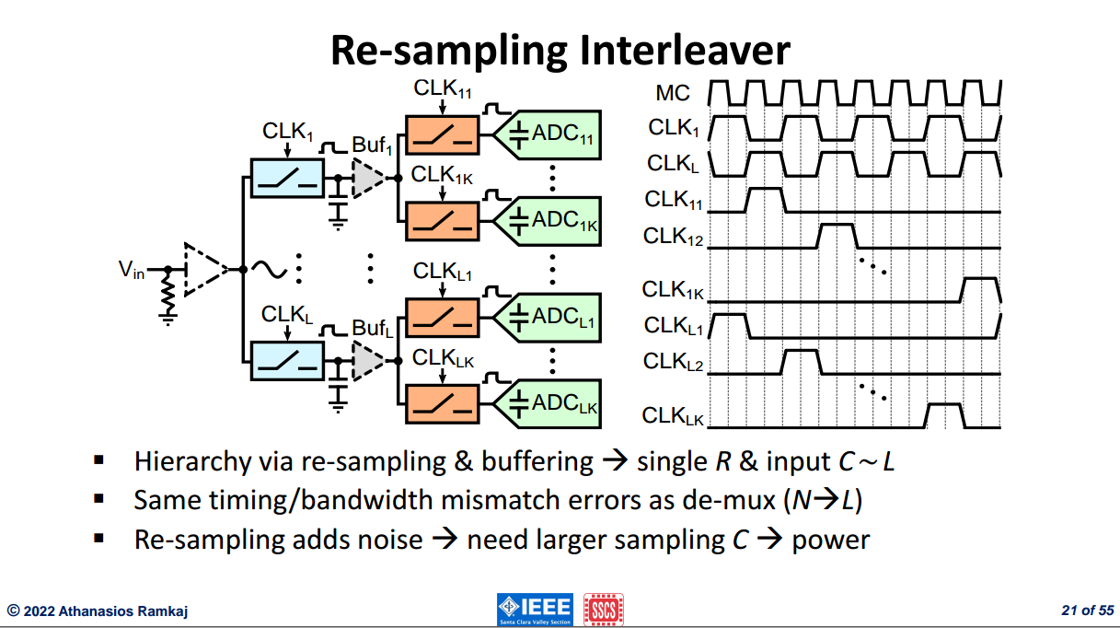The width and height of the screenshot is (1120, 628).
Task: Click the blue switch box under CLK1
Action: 287,178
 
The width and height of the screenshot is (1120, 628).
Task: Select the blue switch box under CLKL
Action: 287,361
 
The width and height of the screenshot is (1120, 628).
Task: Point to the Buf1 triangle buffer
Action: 366,178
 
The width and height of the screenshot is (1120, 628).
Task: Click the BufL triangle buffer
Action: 366,361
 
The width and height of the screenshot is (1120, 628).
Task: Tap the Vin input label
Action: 132,270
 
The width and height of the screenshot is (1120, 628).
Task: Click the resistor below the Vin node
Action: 168,297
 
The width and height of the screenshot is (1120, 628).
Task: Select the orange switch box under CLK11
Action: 442,135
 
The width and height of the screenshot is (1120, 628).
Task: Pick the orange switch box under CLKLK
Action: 442,404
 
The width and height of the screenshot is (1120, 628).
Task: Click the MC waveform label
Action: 673,93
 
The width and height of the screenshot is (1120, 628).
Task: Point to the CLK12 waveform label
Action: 673,236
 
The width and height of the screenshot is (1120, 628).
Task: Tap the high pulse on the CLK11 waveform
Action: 765,200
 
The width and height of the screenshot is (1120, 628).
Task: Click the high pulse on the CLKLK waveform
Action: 945,415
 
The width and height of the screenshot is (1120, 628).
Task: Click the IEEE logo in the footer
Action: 535,609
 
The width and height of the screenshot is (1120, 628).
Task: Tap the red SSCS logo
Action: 604,609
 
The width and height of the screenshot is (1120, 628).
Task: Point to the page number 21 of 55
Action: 1088,611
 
